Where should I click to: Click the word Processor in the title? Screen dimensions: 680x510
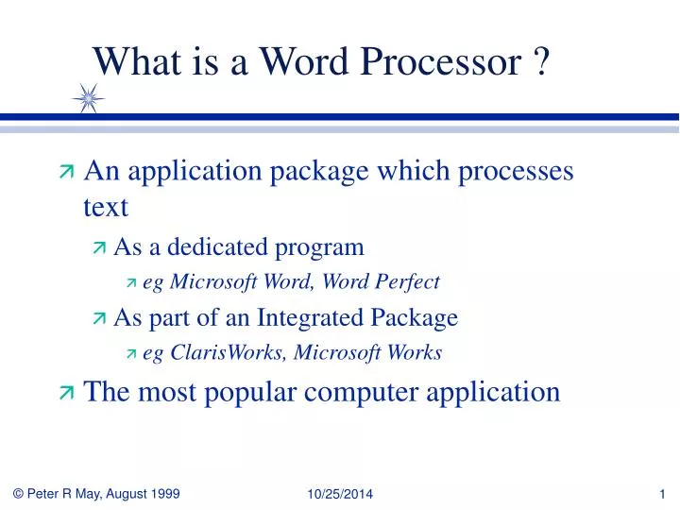441,61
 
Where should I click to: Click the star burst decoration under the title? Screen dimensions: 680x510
89,98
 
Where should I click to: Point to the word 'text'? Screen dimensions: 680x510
106,207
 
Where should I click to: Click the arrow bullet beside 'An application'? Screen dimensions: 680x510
67,171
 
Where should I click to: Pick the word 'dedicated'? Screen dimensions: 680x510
218,246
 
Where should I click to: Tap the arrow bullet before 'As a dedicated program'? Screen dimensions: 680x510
99,247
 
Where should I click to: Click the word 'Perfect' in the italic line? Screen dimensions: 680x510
408,281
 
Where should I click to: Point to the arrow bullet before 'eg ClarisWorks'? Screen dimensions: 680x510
131,354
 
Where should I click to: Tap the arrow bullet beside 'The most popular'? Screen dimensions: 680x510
67,393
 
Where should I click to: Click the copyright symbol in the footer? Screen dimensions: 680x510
18,494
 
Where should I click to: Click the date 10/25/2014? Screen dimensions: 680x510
340,494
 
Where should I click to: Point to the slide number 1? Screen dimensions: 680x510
662,494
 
